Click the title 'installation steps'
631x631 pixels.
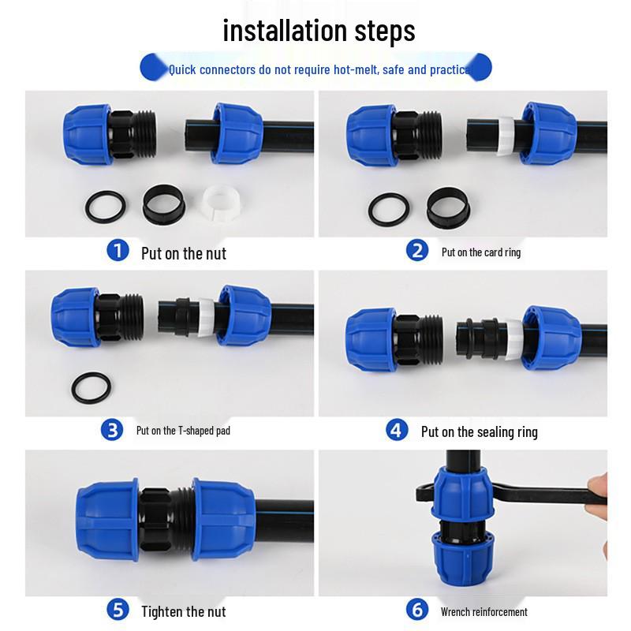[x=319, y=31]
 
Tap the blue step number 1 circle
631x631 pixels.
[x=118, y=250]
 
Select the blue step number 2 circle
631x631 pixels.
[x=417, y=250]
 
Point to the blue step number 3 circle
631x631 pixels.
[x=112, y=429]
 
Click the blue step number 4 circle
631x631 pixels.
[x=397, y=430]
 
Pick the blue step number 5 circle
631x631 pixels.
[x=118, y=609]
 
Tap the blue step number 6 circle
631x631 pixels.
[x=417, y=609]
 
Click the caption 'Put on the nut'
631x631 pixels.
[x=184, y=253]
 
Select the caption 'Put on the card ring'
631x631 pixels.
[x=481, y=252]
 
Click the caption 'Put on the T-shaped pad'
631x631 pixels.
[x=183, y=431]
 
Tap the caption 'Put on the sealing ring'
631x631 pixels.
[x=480, y=432]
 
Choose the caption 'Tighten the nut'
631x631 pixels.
[x=184, y=612]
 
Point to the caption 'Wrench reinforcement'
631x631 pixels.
[x=484, y=612]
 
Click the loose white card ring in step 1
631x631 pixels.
[x=221, y=203]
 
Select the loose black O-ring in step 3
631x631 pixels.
[x=91, y=388]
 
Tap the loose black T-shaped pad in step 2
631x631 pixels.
[x=448, y=207]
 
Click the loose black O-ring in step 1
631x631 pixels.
[x=105, y=207]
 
